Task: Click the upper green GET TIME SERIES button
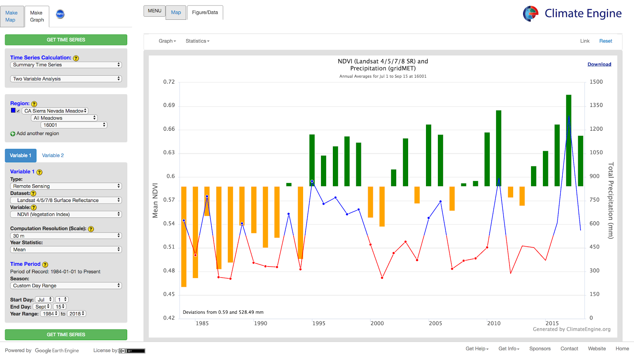click(x=66, y=40)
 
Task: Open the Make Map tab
click(x=11, y=16)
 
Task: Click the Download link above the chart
click(x=599, y=64)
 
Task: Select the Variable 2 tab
click(x=53, y=155)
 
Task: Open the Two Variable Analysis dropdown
click(x=66, y=79)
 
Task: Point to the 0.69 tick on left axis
click(x=169, y=105)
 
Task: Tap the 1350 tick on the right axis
click(x=596, y=105)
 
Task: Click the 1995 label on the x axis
click(x=319, y=323)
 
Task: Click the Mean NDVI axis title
click(x=155, y=200)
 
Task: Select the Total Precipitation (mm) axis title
click(x=611, y=200)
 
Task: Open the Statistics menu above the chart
click(x=197, y=41)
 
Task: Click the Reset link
click(x=605, y=41)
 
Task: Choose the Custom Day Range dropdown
click(x=66, y=286)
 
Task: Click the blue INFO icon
click(x=60, y=14)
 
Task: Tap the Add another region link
click(x=38, y=133)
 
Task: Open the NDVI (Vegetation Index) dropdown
click(x=66, y=214)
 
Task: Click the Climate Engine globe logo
click(x=531, y=13)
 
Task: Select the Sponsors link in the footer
click(x=540, y=349)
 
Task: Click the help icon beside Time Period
click(x=45, y=265)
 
